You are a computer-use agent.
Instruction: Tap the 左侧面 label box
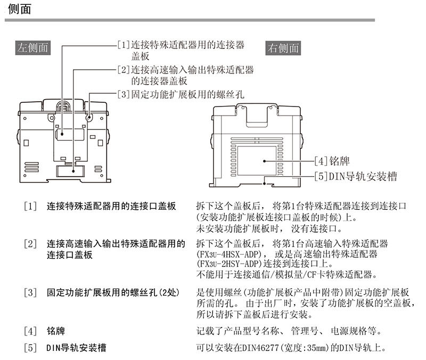click(x=33, y=47)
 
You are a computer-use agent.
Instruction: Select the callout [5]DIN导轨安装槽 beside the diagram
click(x=355, y=176)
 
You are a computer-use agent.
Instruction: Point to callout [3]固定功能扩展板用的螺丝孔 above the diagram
click(x=181, y=95)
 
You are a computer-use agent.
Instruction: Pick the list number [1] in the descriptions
click(x=30, y=206)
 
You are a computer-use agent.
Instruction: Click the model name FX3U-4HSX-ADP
click(x=233, y=254)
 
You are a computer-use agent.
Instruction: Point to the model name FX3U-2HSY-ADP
click(x=233, y=265)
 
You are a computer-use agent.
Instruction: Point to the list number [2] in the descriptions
click(x=30, y=244)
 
